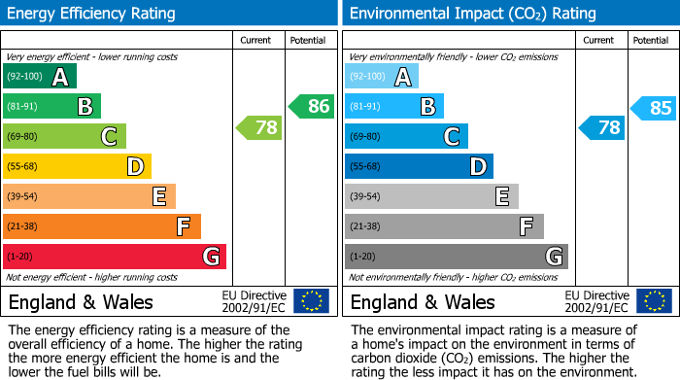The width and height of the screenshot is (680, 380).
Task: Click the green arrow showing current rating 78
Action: point(258,127)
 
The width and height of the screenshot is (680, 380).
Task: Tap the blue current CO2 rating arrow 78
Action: point(601,127)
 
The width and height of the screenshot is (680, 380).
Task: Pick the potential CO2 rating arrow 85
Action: point(653,108)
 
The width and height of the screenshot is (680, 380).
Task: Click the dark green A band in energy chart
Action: point(40,77)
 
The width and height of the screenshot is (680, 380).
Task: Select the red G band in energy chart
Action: point(115,257)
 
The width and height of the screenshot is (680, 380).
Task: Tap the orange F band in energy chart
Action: point(102,226)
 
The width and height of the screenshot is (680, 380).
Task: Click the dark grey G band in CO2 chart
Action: point(456,257)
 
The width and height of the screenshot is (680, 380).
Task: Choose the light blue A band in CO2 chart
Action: point(382,77)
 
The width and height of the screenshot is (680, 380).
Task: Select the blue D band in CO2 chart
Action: point(419,167)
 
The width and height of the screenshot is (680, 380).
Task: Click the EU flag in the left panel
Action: point(311,301)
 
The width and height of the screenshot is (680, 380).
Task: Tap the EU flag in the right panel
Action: point(654,301)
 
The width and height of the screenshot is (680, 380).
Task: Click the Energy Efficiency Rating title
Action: point(92,14)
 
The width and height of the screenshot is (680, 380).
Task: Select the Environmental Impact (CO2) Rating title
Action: point(472,14)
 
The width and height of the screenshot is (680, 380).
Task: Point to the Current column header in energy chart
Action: point(257,40)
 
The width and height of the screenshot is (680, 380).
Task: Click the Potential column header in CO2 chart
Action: point(651,40)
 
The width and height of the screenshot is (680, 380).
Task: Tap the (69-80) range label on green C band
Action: point(23,137)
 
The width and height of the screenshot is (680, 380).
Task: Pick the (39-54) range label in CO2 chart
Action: point(366,197)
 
